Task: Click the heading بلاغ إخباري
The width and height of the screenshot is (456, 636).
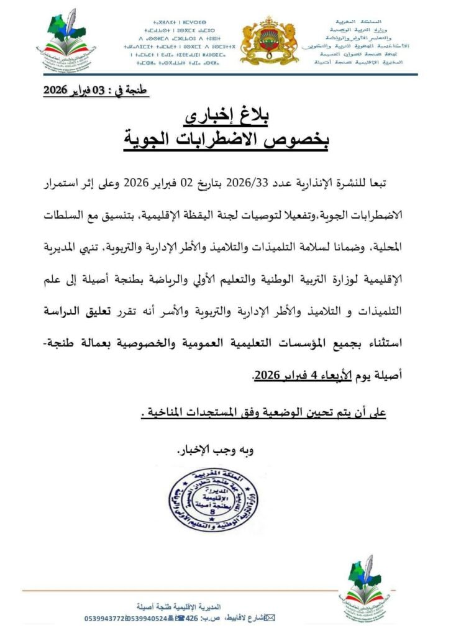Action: point(227,117)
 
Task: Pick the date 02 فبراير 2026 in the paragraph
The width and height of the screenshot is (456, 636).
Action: point(165,185)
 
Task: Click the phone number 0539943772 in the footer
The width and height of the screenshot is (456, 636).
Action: point(107,619)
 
